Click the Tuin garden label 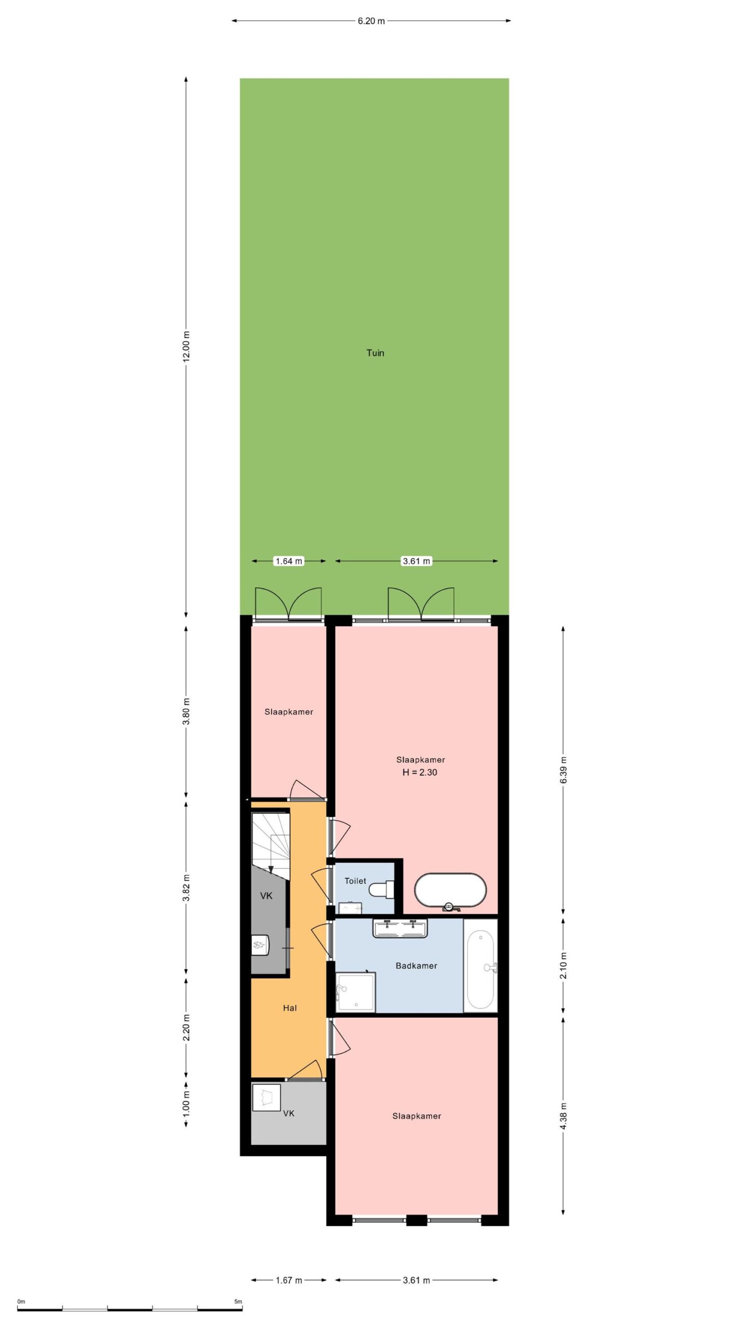coord(375,353)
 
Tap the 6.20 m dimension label coord(371,21)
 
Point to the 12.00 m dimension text coord(187,345)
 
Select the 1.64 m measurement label coord(288,561)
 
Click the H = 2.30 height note coord(419,772)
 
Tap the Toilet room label coord(355,881)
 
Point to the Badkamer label coord(416,966)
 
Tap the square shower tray coord(355,992)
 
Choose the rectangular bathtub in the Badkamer coord(480,966)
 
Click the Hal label coord(290,1008)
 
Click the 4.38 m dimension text coord(563,1116)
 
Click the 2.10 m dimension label coord(563,965)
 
